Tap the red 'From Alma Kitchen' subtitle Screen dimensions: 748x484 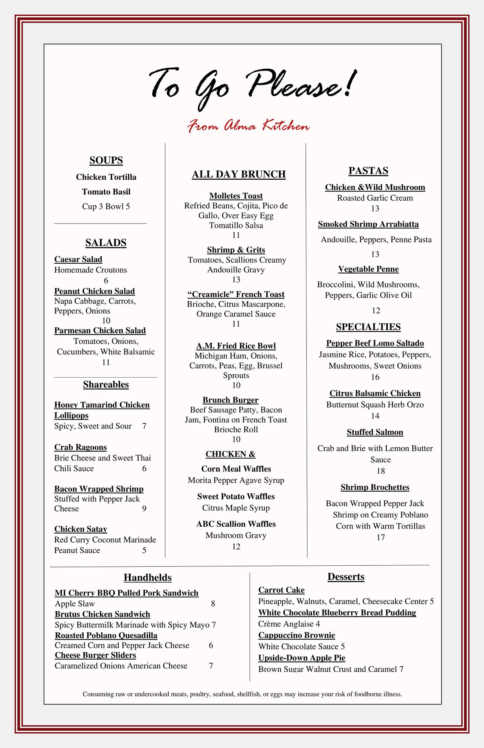[248, 126]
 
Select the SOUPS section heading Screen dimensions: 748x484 [106, 160]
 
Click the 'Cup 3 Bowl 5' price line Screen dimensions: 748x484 [106, 206]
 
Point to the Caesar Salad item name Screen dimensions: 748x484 [78, 259]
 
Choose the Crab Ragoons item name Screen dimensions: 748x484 [80, 447]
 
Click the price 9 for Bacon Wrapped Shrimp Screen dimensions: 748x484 [144, 509]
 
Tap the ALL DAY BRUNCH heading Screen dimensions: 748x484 [239, 174]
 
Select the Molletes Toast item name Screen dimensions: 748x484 [236, 196]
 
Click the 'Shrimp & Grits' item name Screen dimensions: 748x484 [236, 250]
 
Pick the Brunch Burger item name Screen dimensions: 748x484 [230, 400]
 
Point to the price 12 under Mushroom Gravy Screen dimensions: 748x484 [236, 546]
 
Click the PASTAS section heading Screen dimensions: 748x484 [368, 171]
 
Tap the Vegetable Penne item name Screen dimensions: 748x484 [368, 269]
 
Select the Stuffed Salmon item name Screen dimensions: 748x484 [375, 432]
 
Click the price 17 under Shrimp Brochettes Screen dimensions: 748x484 [381, 537]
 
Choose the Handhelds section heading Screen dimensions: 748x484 [148, 577]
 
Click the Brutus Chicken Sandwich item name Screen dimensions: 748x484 [102, 614]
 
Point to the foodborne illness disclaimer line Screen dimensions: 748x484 [243, 694]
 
